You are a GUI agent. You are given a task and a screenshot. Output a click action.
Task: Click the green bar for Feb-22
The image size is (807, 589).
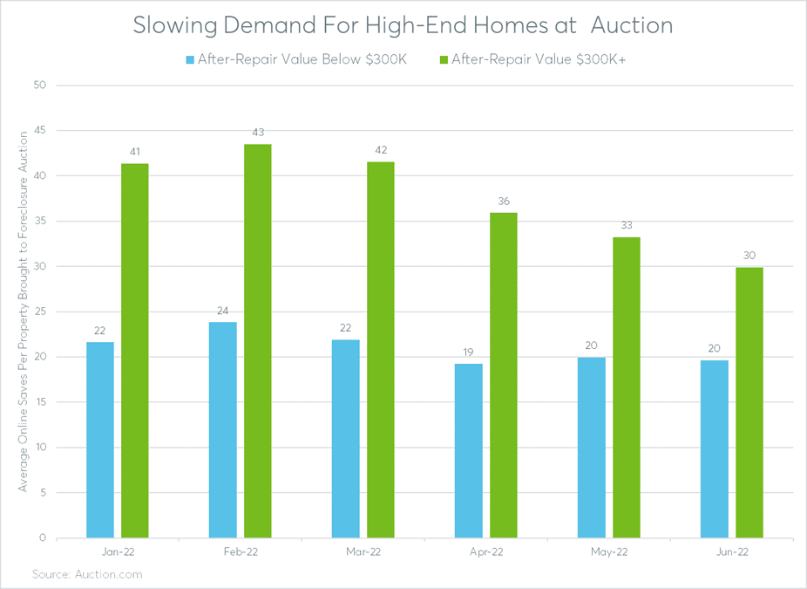258,340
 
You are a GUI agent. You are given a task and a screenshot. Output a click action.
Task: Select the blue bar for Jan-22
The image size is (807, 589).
100,440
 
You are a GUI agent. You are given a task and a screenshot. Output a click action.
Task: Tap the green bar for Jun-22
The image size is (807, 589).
749,402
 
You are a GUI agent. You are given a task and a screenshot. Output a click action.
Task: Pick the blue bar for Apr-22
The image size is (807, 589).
469,450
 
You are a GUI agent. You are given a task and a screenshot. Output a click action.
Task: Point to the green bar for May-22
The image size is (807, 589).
627,387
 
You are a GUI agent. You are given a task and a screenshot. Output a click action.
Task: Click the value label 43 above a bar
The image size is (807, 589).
258,133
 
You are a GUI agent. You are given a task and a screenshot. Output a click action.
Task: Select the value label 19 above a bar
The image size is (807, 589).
469,353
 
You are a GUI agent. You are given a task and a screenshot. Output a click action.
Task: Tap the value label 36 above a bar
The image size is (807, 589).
504,202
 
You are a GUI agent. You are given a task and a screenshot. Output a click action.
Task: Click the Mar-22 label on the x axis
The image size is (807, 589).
363,552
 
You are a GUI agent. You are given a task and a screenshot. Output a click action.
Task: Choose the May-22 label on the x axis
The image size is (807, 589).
609,552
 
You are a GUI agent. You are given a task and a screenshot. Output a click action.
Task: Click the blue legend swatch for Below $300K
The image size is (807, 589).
190,60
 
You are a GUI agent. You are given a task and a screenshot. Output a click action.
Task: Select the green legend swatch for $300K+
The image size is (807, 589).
444,60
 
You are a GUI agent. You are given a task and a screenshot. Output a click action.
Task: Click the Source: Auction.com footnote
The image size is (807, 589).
87,574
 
